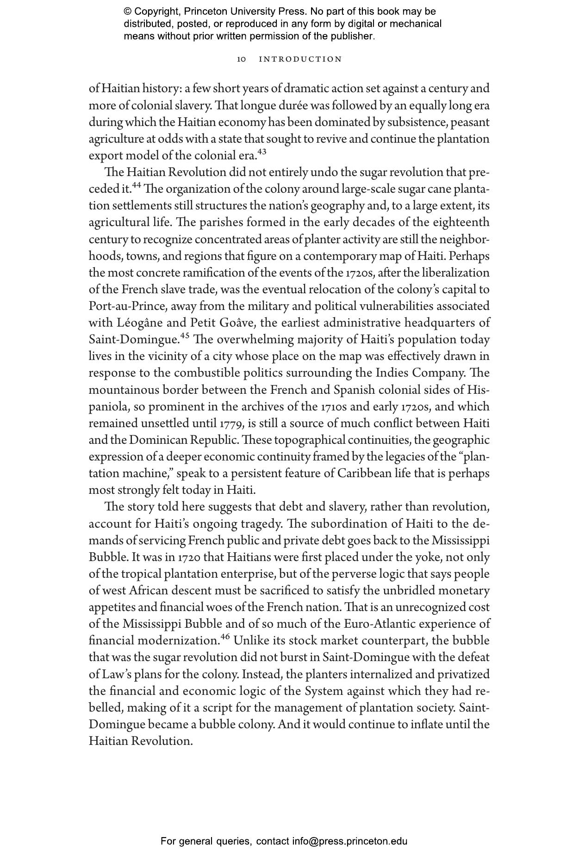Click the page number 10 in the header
click(241, 59)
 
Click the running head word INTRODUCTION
click(300, 59)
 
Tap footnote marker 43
click(262, 151)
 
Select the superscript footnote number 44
click(137, 185)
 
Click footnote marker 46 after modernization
click(225, 636)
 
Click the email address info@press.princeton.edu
click(349, 841)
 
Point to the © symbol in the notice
click(128, 12)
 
